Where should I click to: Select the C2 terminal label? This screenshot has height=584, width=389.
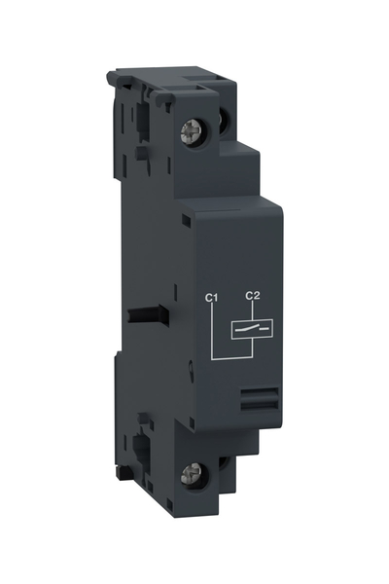point(253,295)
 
